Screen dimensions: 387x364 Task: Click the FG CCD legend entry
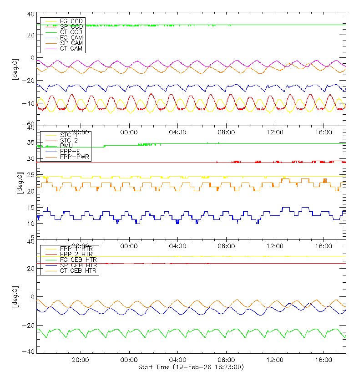pyautogui.click(x=71, y=21)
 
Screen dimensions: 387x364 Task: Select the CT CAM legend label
pyautogui.click(x=71, y=49)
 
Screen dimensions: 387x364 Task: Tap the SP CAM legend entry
pyautogui.click(x=71, y=43)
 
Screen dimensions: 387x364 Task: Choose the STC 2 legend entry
pyautogui.click(x=70, y=140)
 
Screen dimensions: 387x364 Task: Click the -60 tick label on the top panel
pyautogui.click(x=30, y=124)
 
